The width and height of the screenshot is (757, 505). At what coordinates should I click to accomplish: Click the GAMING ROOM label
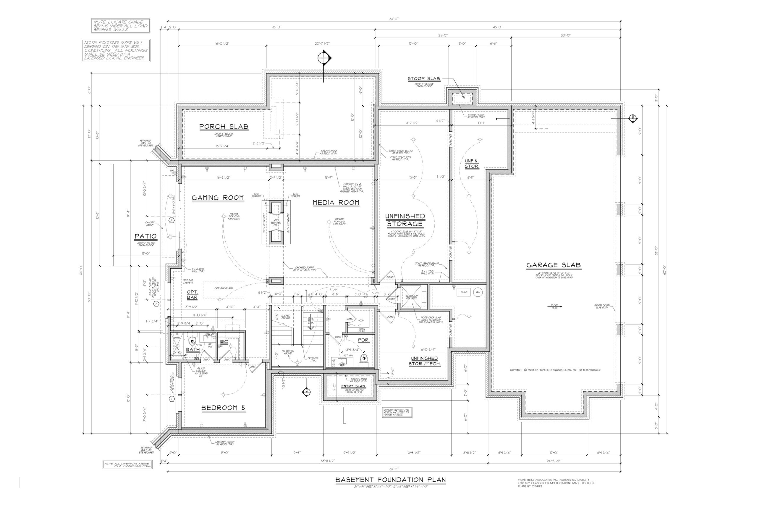(218, 198)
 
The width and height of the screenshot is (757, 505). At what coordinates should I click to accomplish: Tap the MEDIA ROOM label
(336, 203)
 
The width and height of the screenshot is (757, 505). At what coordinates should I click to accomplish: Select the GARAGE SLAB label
(553, 265)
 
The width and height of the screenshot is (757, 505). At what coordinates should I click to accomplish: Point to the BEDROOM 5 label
(223, 408)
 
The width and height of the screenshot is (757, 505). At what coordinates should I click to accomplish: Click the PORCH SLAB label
(224, 127)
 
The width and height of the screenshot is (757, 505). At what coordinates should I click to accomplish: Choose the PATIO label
(145, 236)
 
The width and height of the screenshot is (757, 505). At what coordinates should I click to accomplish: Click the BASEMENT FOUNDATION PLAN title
(390, 480)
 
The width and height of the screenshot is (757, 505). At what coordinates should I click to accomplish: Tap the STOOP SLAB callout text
(423, 79)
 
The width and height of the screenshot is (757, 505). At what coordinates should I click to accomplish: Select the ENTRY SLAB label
(353, 386)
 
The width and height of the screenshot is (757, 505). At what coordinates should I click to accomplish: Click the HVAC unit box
(464, 292)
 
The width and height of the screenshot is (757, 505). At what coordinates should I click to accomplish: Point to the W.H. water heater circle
(478, 292)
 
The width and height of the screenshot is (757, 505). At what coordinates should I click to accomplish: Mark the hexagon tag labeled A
(172, 220)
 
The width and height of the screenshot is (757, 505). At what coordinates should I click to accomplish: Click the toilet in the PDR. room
(364, 359)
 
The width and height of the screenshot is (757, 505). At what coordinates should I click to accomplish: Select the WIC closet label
(224, 341)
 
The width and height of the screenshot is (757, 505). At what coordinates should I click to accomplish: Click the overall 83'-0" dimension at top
(394, 19)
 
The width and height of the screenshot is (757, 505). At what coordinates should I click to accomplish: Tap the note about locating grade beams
(120, 26)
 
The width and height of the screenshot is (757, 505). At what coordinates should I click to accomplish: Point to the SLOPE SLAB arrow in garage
(554, 306)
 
